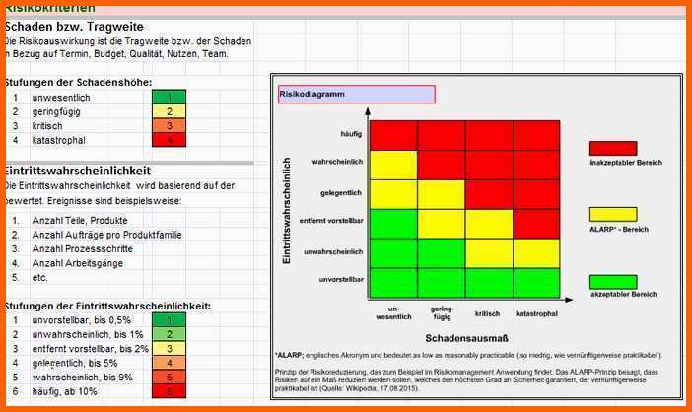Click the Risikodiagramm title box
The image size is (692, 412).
pyautogui.click(x=356, y=95)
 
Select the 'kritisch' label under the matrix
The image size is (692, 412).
pyautogui.click(x=487, y=312)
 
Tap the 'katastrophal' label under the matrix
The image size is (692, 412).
pyautogui.click(x=537, y=312)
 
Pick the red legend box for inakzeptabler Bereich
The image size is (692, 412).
pyautogui.click(x=613, y=148)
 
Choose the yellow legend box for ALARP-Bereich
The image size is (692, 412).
pyautogui.click(x=613, y=214)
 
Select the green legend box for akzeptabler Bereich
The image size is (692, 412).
pyautogui.click(x=613, y=281)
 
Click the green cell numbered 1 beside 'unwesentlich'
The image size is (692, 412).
pyautogui.click(x=169, y=98)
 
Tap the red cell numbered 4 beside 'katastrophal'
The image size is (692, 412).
pyautogui.click(x=169, y=141)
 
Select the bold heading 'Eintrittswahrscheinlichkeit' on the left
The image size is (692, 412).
pyautogui.click(x=78, y=171)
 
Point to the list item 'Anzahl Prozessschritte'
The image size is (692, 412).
pyautogui.click(x=84, y=249)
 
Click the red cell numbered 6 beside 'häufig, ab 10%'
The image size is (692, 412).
pyautogui.click(x=169, y=391)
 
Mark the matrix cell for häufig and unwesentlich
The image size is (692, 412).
pyautogui.click(x=393, y=135)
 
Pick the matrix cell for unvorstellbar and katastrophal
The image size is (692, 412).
pyautogui.click(x=537, y=283)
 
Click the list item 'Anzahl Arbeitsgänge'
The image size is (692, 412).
pyautogui.click(x=79, y=263)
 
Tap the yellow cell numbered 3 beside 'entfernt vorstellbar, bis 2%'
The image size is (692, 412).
pyautogui.click(x=169, y=348)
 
